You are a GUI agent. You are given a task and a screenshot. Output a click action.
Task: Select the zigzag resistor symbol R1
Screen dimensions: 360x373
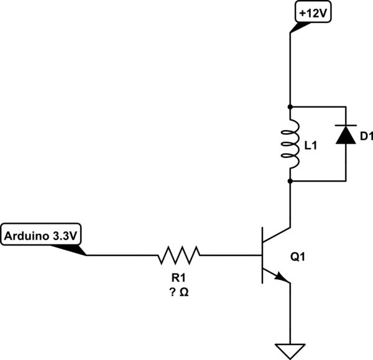click(180, 255)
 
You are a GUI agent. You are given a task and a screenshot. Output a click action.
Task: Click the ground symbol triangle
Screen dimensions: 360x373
click(290, 349)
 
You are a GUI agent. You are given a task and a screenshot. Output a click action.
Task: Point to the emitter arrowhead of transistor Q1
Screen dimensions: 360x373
click(283, 279)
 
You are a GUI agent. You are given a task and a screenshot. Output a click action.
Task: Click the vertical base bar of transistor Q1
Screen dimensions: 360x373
click(263, 255)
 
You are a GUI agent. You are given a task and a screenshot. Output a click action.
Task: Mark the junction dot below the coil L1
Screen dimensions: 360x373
click(290, 181)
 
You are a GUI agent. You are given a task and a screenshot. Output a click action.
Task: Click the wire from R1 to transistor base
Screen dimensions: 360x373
click(230, 255)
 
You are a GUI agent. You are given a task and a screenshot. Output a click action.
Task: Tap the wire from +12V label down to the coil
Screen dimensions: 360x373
click(290, 68)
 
